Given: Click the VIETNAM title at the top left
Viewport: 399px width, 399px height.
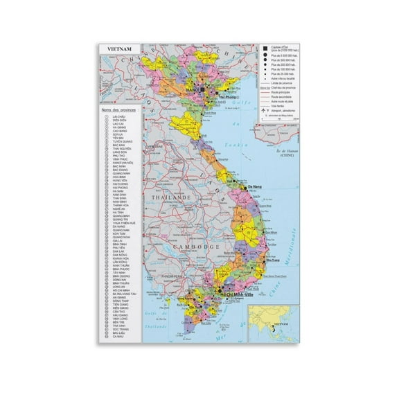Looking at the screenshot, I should [x=119, y=48].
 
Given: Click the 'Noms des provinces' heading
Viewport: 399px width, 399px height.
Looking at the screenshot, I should [x=120, y=110].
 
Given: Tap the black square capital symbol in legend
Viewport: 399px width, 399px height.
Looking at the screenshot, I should [x=265, y=48].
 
